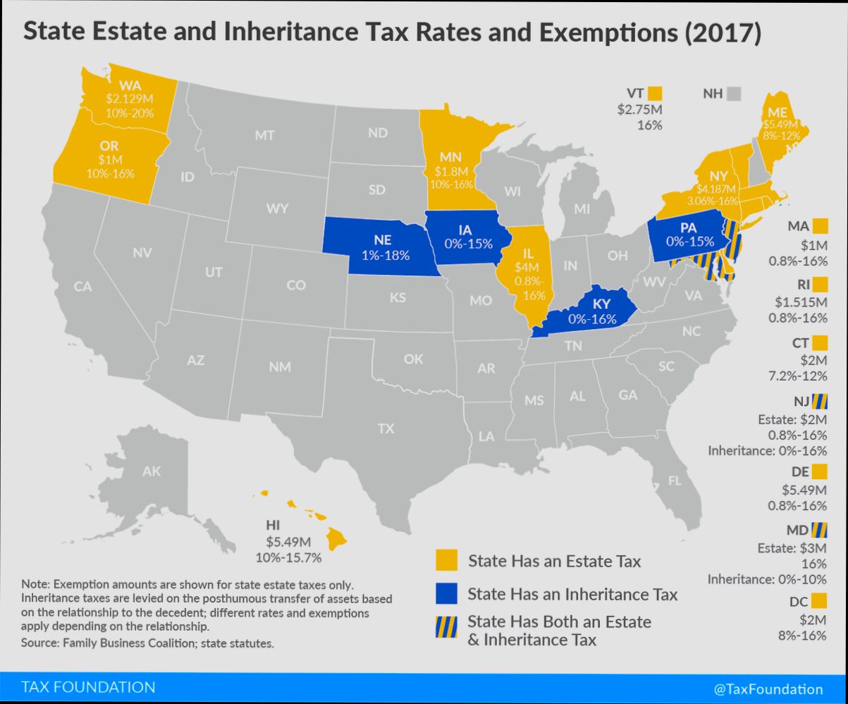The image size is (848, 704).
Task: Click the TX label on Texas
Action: pyautogui.click(x=386, y=428)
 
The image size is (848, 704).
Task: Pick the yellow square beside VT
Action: pyautogui.click(x=656, y=93)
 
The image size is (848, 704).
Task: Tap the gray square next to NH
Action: pyautogui.click(x=735, y=93)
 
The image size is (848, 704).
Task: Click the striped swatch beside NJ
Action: pyautogui.click(x=819, y=402)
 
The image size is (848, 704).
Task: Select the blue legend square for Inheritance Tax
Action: pyautogui.click(x=445, y=593)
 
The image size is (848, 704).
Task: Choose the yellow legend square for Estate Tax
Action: pyautogui.click(x=445, y=561)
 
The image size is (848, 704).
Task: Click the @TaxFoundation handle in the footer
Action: pyautogui.click(x=768, y=689)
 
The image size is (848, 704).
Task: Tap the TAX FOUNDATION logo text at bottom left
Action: pyautogui.click(x=88, y=687)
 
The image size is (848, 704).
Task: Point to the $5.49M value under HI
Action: pyautogui.click(x=288, y=542)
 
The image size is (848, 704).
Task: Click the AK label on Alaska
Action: pyautogui.click(x=151, y=472)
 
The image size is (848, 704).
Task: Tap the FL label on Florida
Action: pyautogui.click(x=675, y=481)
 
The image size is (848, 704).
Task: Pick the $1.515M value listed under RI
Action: pyautogui.click(x=800, y=302)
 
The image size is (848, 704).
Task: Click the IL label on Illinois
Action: pyautogui.click(x=527, y=253)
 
